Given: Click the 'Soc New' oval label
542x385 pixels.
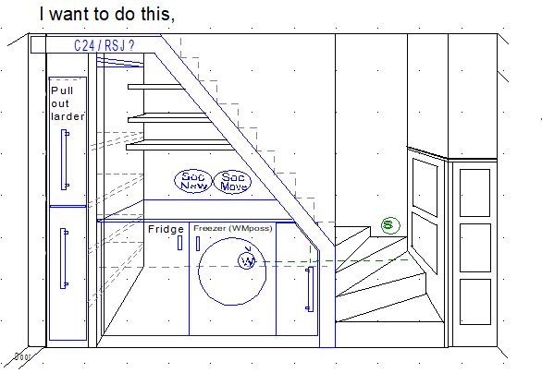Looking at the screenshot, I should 194,181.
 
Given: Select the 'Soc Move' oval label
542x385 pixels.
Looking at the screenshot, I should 234,181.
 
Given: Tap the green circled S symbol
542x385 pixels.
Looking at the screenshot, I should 388,224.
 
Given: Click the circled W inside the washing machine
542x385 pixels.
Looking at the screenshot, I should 247,261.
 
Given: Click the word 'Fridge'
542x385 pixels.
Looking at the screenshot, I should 166,228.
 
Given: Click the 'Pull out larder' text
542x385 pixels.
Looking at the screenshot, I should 68,103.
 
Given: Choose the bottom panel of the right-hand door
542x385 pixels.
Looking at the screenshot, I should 473,297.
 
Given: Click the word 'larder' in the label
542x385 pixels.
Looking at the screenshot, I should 68,116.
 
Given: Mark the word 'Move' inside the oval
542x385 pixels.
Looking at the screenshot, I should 234,186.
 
